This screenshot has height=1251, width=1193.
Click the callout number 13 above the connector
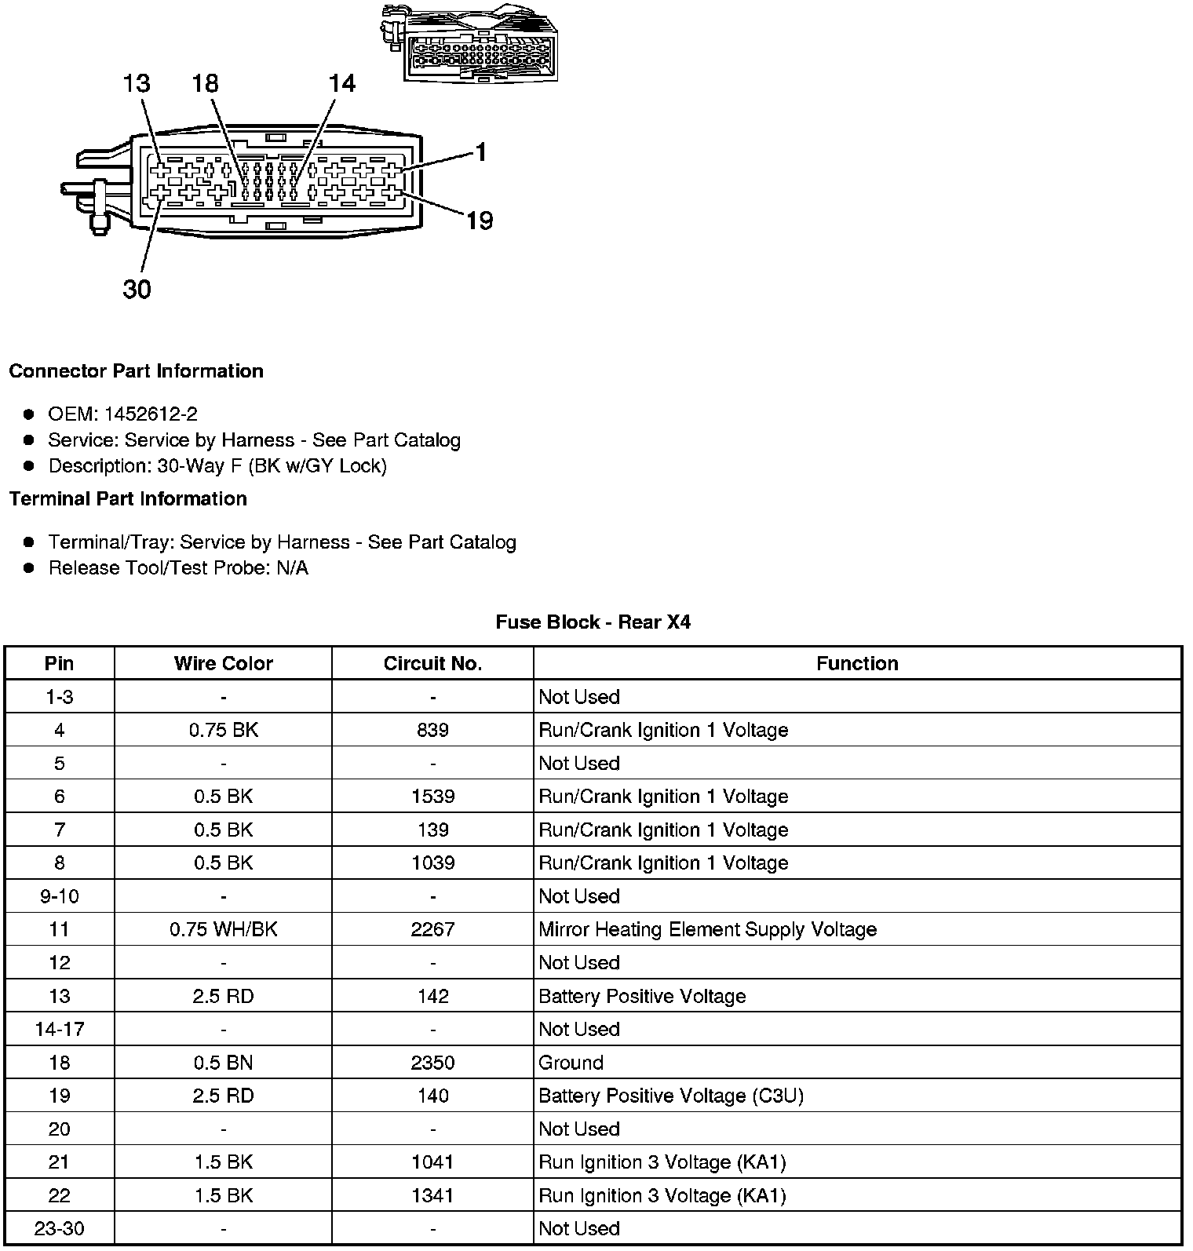click(137, 83)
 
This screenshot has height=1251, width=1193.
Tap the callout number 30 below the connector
click(137, 290)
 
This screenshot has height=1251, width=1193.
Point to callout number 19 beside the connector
click(480, 221)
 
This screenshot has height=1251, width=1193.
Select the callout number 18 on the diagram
click(205, 83)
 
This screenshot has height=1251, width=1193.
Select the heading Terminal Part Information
click(128, 498)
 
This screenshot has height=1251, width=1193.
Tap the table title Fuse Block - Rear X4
click(593, 622)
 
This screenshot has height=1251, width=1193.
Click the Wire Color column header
click(223, 663)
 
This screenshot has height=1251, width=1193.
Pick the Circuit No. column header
click(432, 663)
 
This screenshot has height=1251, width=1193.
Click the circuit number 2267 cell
click(432, 929)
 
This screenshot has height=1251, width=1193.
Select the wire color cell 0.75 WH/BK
click(223, 929)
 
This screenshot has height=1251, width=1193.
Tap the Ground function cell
click(571, 1063)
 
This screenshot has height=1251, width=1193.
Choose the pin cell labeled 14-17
click(60, 1029)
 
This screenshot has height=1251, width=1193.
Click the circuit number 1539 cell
click(432, 797)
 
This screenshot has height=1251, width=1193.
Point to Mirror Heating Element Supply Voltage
click(707, 929)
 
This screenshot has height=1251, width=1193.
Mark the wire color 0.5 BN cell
click(223, 1063)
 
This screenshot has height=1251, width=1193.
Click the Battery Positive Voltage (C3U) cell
click(671, 1096)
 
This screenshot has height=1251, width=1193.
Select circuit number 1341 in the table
click(432, 1195)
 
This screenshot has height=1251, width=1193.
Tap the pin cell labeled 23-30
click(60, 1228)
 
